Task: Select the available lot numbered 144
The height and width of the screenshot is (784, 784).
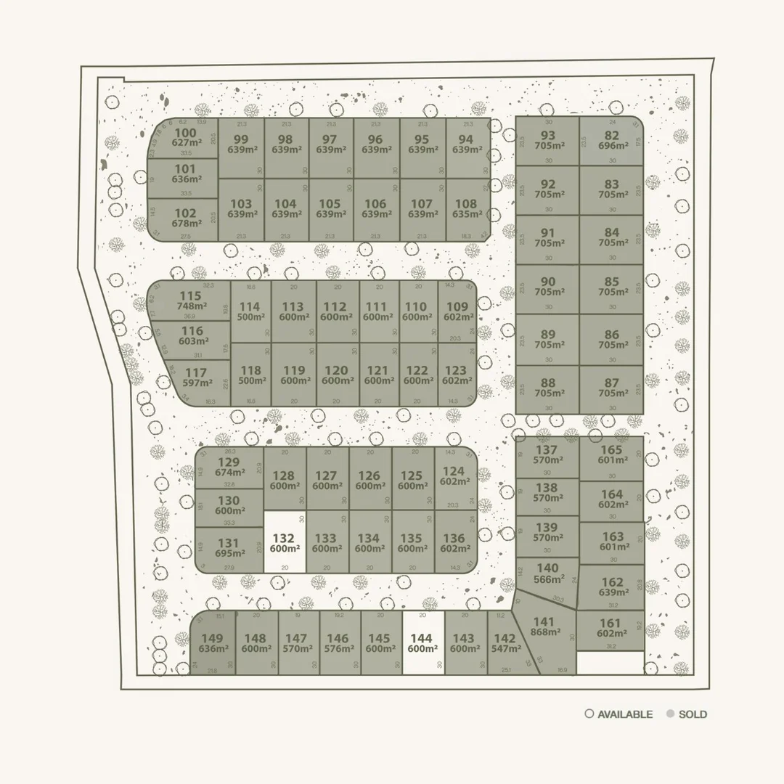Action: tap(422, 643)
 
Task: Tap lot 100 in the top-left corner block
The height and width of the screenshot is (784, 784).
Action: tap(186, 138)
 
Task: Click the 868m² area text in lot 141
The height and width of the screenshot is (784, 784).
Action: tap(544, 632)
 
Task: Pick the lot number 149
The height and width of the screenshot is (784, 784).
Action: tap(213, 639)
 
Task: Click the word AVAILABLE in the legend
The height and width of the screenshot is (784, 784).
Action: tap(625, 714)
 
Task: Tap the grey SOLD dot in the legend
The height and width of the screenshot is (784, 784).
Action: tap(669, 714)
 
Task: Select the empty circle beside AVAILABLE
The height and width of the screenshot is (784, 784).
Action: tap(589, 714)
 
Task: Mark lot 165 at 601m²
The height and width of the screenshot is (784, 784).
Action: tap(611, 454)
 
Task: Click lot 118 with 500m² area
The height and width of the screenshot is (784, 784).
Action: tap(250, 375)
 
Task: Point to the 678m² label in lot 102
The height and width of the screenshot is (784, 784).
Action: tap(186, 224)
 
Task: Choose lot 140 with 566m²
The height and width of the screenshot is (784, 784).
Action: tap(547, 573)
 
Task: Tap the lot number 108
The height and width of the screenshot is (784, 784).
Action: tap(465, 204)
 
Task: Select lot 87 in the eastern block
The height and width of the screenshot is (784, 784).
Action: tap(611, 388)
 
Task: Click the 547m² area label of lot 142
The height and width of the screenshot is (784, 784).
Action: tap(505, 649)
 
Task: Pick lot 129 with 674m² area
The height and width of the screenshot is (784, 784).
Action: tap(229, 468)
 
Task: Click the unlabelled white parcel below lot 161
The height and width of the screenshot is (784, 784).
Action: tap(610, 662)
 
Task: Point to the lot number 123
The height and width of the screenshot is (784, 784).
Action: tap(456, 370)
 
